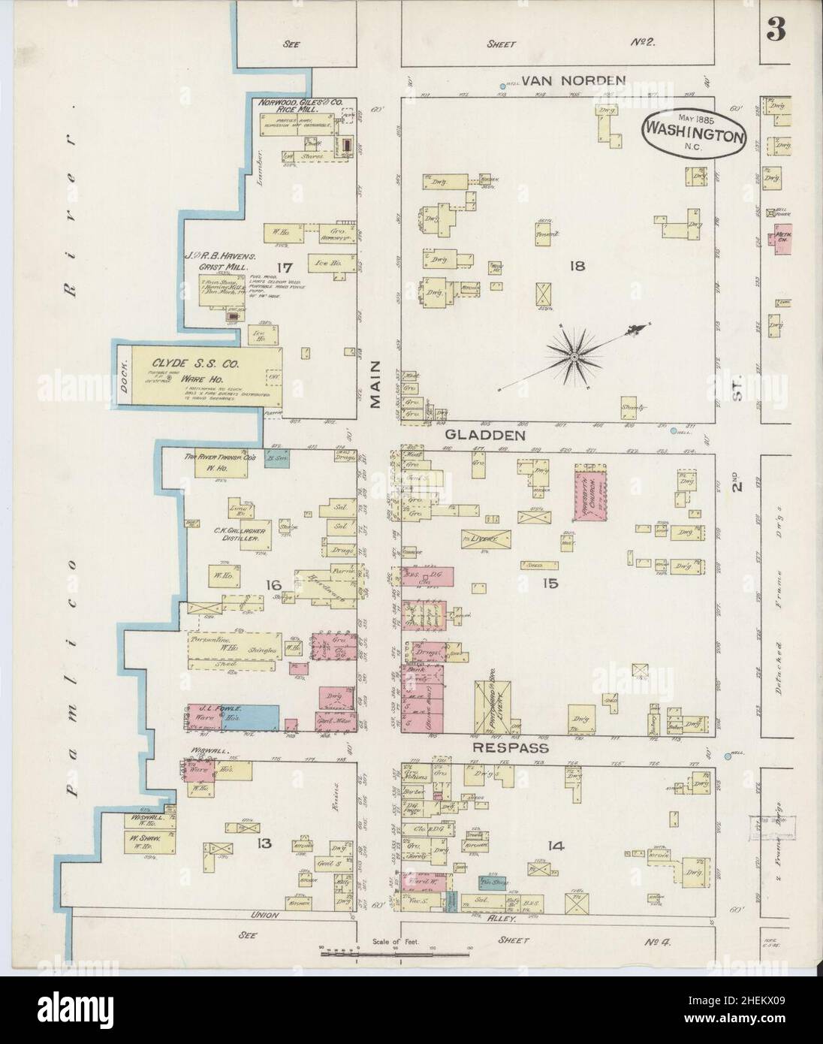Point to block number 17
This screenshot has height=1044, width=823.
[x=283, y=267]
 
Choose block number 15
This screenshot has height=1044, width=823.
[x=550, y=581]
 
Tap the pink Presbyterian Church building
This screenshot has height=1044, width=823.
[x=589, y=492]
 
